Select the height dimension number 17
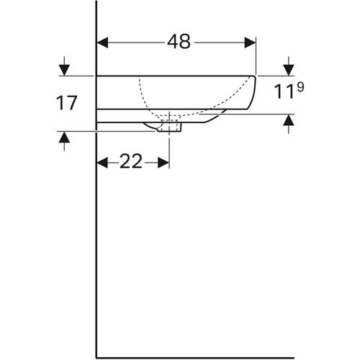pos(66,103)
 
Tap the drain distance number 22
pos(131,162)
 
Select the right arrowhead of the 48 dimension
pos(251,42)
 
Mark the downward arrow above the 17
pos(64,69)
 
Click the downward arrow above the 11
pos(288,69)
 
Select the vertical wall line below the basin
pos(96,252)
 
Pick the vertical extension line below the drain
pos(169,148)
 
